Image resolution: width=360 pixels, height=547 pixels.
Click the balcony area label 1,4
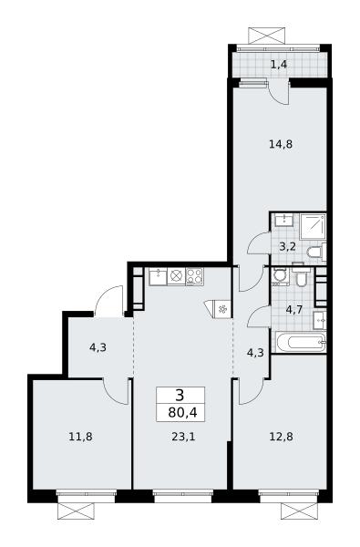tap(279, 64)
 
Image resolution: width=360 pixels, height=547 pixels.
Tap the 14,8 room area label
tap(281, 144)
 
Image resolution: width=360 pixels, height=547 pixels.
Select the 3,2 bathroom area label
tap(288, 247)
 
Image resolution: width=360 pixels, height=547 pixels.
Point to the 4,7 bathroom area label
tap(294, 310)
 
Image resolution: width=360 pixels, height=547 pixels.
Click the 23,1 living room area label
tap(183, 437)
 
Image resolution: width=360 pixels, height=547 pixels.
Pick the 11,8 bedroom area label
tap(80, 437)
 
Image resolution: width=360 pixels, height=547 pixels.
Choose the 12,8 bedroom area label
tap(281, 437)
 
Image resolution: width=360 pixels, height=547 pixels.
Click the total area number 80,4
tap(182, 413)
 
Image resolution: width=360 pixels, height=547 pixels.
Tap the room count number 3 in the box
tap(180, 396)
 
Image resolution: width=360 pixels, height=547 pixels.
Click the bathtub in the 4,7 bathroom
tap(301, 342)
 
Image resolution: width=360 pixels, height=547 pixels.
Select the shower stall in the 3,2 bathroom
tap(313, 226)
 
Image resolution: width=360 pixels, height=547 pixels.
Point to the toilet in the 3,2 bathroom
tap(316, 252)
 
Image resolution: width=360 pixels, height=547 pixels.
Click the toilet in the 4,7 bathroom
tap(301, 277)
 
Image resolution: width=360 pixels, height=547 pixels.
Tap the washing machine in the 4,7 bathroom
tap(281, 276)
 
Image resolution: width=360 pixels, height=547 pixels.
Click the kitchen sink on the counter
tap(158, 276)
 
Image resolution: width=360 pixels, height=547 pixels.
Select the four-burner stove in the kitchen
tap(195, 276)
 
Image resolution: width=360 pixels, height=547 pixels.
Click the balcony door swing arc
tap(279, 96)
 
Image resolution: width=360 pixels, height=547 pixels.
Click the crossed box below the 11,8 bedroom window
tap(76, 511)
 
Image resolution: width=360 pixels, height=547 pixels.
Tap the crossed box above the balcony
tap(267, 36)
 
